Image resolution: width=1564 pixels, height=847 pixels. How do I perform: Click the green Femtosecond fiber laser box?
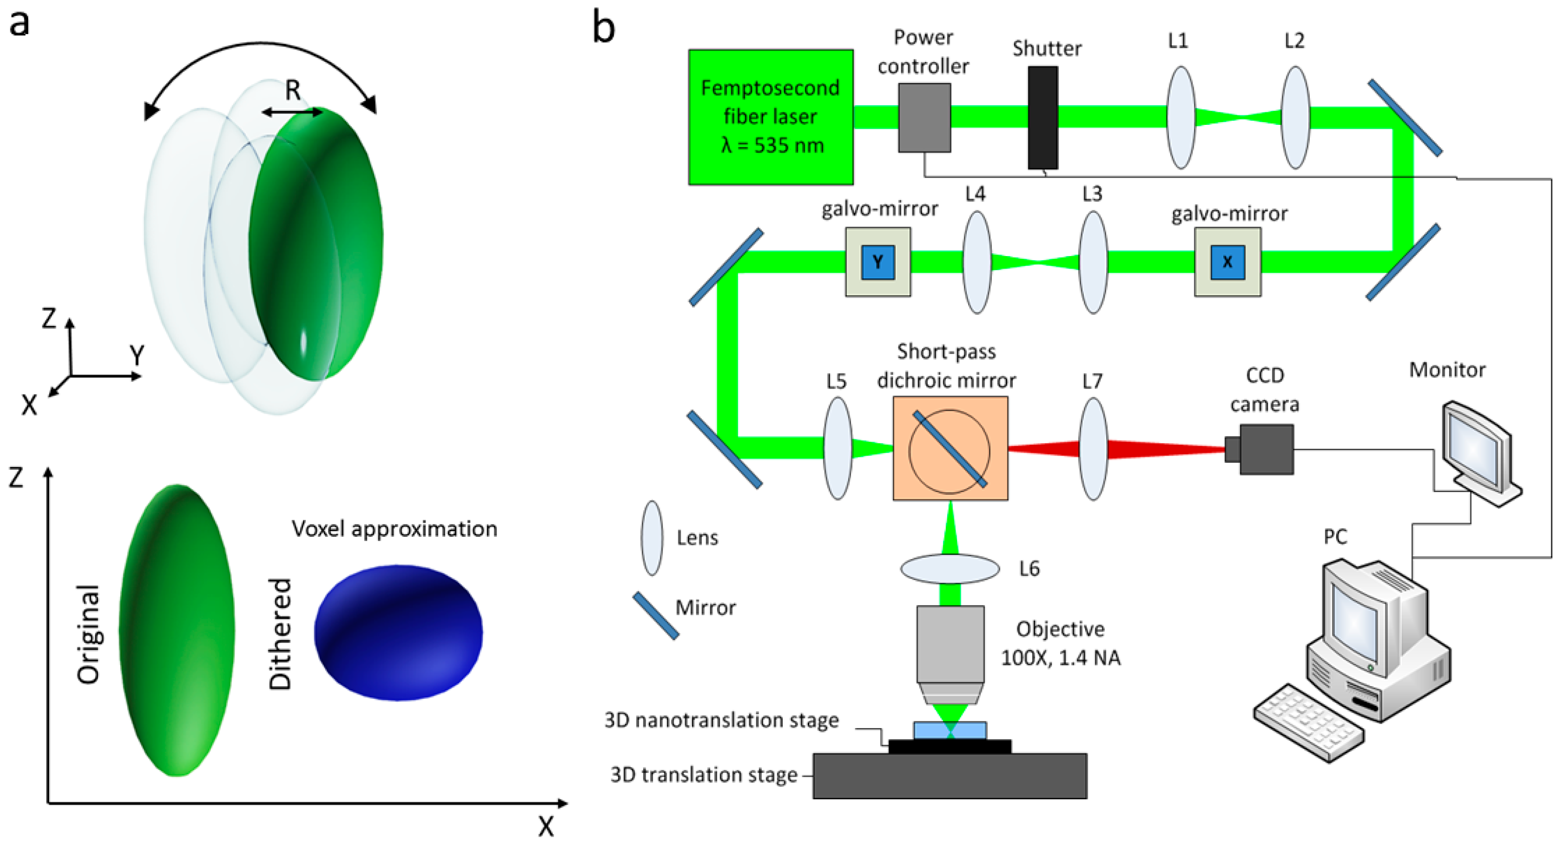pos(770,117)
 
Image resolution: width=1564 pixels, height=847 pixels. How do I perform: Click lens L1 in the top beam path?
pos(1181,117)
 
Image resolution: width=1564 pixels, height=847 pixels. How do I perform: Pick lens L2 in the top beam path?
pos(1296,117)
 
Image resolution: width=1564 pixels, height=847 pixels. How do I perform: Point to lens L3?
pos(1093,262)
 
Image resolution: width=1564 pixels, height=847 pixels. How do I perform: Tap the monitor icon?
pos(1482,453)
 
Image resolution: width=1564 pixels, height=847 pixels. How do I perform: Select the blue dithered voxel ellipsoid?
pos(398,633)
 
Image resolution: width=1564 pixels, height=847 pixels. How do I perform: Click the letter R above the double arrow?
pos(292,91)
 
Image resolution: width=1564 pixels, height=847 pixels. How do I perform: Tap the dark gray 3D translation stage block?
pos(950,776)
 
